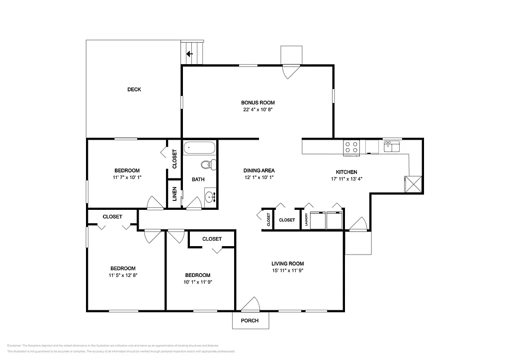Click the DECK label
134,90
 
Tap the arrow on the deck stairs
189,54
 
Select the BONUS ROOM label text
257,102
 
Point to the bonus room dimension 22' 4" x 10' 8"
257,110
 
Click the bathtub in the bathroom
200,148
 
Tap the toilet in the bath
209,165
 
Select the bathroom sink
210,197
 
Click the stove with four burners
351,147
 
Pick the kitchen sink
392,146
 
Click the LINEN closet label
174,193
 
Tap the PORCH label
250,321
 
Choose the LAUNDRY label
306,219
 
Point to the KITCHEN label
343,172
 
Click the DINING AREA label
259,171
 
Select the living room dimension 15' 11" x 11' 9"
287,271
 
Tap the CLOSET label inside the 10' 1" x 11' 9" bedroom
212,239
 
